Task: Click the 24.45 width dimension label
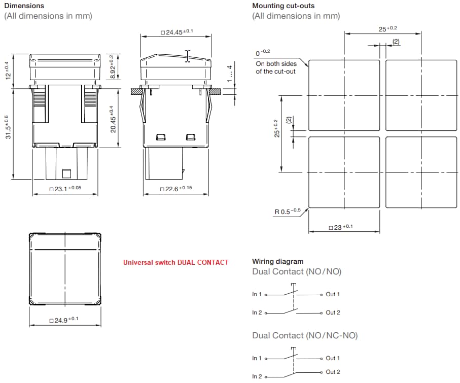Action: pyautogui.click(x=177, y=32)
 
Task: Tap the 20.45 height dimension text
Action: pyautogui.click(x=114, y=119)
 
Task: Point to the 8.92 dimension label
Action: pyautogui.click(x=113, y=66)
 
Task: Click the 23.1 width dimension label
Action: pyautogui.click(x=65, y=189)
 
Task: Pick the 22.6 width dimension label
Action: pyautogui.click(x=176, y=189)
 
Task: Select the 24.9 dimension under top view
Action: pyautogui.click(x=64, y=320)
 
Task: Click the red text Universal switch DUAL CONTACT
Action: pyautogui.click(x=175, y=262)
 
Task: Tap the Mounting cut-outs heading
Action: pyautogui.click(x=283, y=6)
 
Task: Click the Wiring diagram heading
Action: pyautogui.click(x=277, y=262)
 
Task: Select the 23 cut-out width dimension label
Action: pyautogui.click(x=340, y=227)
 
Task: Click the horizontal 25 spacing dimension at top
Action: pyautogui.click(x=388, y=29)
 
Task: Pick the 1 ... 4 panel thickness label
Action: pyautogui.click(x=230, y=74)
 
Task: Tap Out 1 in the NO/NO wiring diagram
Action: pyautogui.click(x=333, y=294)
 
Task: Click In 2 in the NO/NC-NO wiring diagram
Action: pyautogui.click(x=257, y=376)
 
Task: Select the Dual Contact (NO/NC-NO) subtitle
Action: pyautogui.click(x=305, y=335)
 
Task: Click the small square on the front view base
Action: pyautogui.click(x=66, y=174)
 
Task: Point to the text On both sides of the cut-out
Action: pyautogui.click(x=276, y=67)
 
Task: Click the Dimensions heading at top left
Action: pyautogui.click(x=24, y=6)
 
